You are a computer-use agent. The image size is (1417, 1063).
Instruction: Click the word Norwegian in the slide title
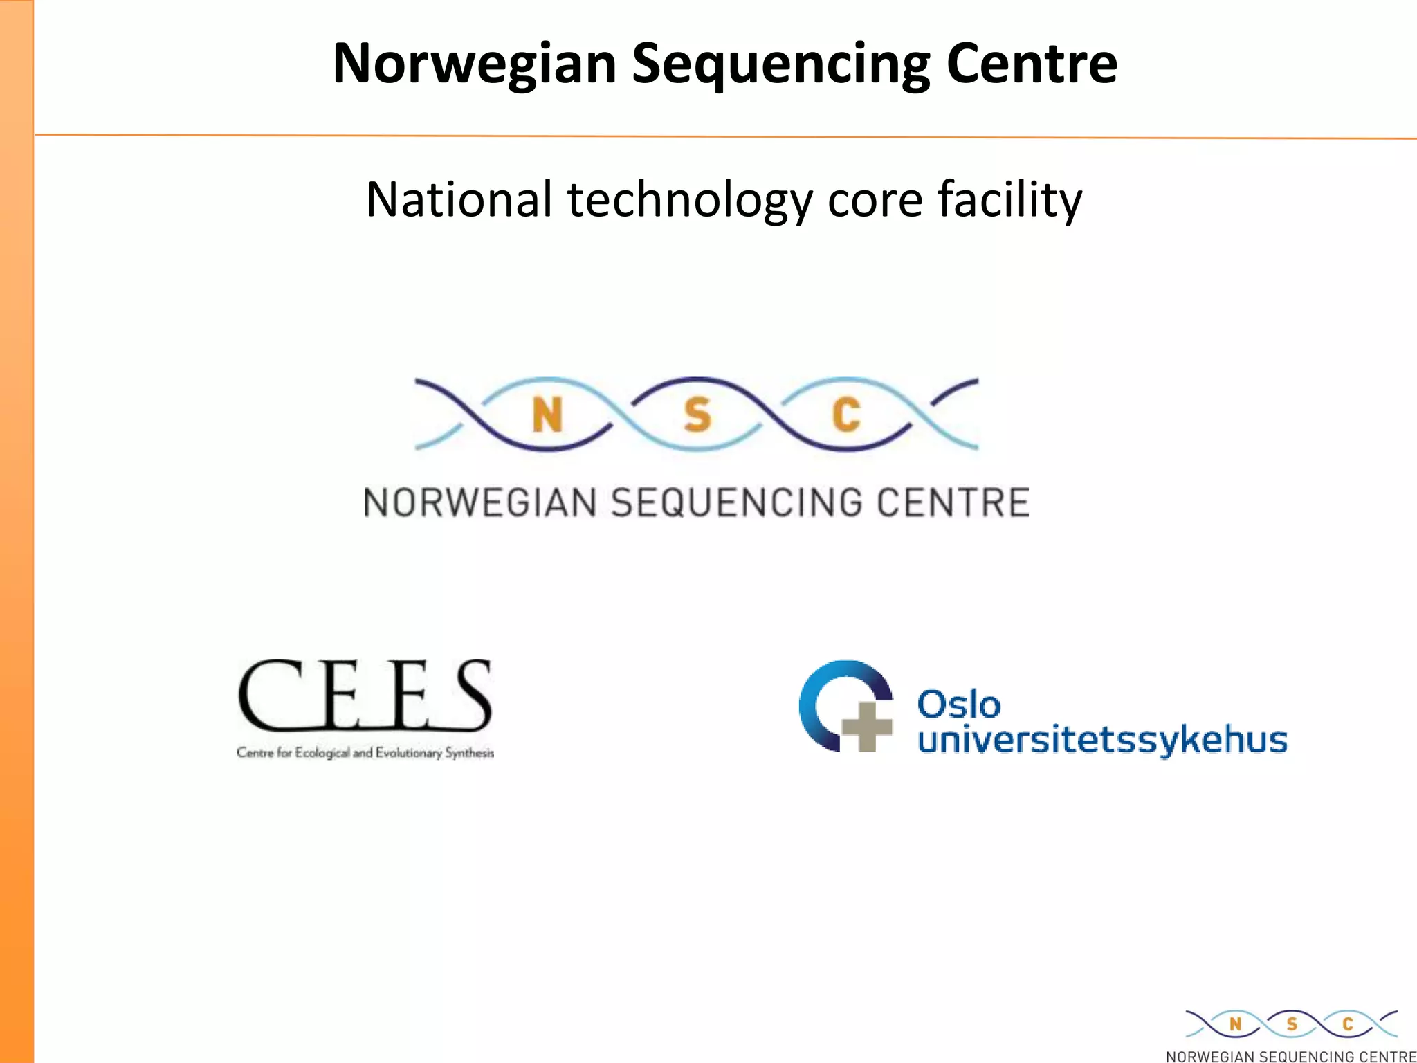474,64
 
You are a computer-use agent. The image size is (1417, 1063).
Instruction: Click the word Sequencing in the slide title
780,64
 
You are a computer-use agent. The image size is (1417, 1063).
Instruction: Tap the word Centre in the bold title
1031,64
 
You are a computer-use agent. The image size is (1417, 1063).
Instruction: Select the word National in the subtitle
459,199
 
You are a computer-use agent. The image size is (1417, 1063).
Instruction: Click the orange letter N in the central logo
547,415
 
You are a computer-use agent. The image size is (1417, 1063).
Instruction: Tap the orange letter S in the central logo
697,415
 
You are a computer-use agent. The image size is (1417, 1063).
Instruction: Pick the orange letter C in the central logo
846,415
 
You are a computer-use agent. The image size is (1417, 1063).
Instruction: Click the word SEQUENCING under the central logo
737,503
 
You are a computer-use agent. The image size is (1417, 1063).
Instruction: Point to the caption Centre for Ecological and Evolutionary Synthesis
365,753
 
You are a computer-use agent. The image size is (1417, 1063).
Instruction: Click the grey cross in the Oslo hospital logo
866,726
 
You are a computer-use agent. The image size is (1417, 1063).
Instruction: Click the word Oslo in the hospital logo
959,705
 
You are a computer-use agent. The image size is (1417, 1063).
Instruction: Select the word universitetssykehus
1102,740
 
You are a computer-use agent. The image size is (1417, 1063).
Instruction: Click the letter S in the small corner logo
1291,1024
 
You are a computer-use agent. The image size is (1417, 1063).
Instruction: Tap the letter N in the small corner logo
1236,1024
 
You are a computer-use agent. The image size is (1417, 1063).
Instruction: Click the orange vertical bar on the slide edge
17,531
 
